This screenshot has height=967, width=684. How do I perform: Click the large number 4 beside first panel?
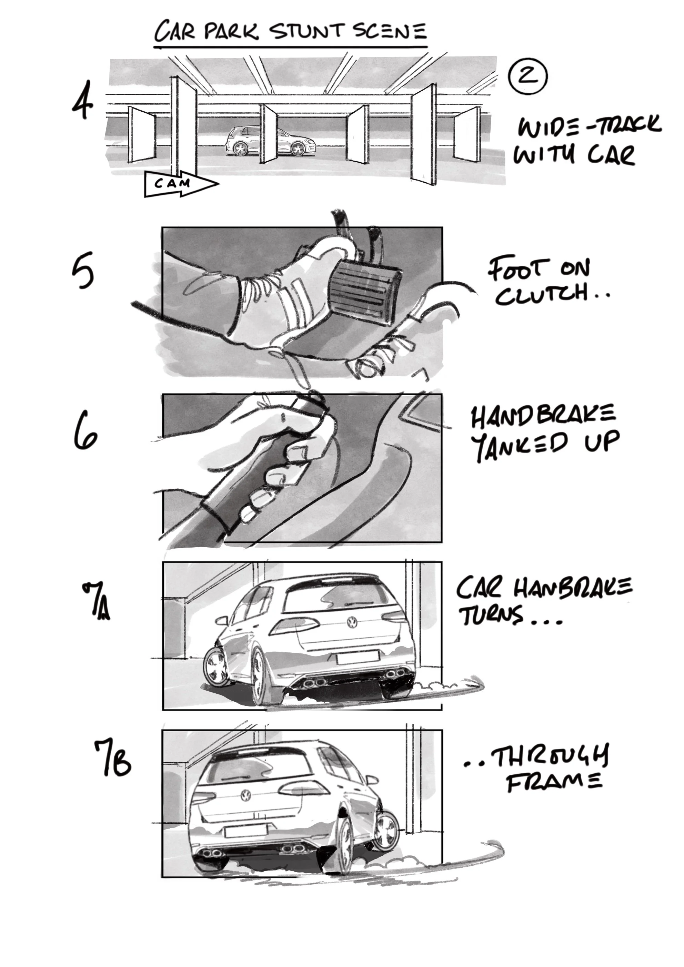(83, 101)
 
